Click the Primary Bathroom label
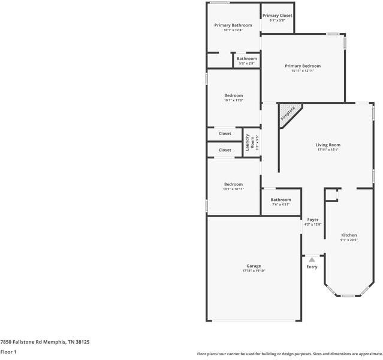point(233,25)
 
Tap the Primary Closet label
point(277,16)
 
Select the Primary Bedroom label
point(303,66)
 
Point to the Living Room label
point(328,145)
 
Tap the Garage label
point(254,266)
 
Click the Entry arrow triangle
point(312,260)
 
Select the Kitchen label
point(349,235)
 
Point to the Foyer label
point(313,220)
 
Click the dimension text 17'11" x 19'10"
point(254,271)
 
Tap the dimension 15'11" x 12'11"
point(303,71)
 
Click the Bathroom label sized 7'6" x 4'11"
point(281,200)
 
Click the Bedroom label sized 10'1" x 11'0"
point(234,95)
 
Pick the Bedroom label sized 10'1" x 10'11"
point(234,184)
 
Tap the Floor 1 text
point(8,352)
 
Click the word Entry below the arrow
point(312,267)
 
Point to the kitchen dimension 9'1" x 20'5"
point(349,240)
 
